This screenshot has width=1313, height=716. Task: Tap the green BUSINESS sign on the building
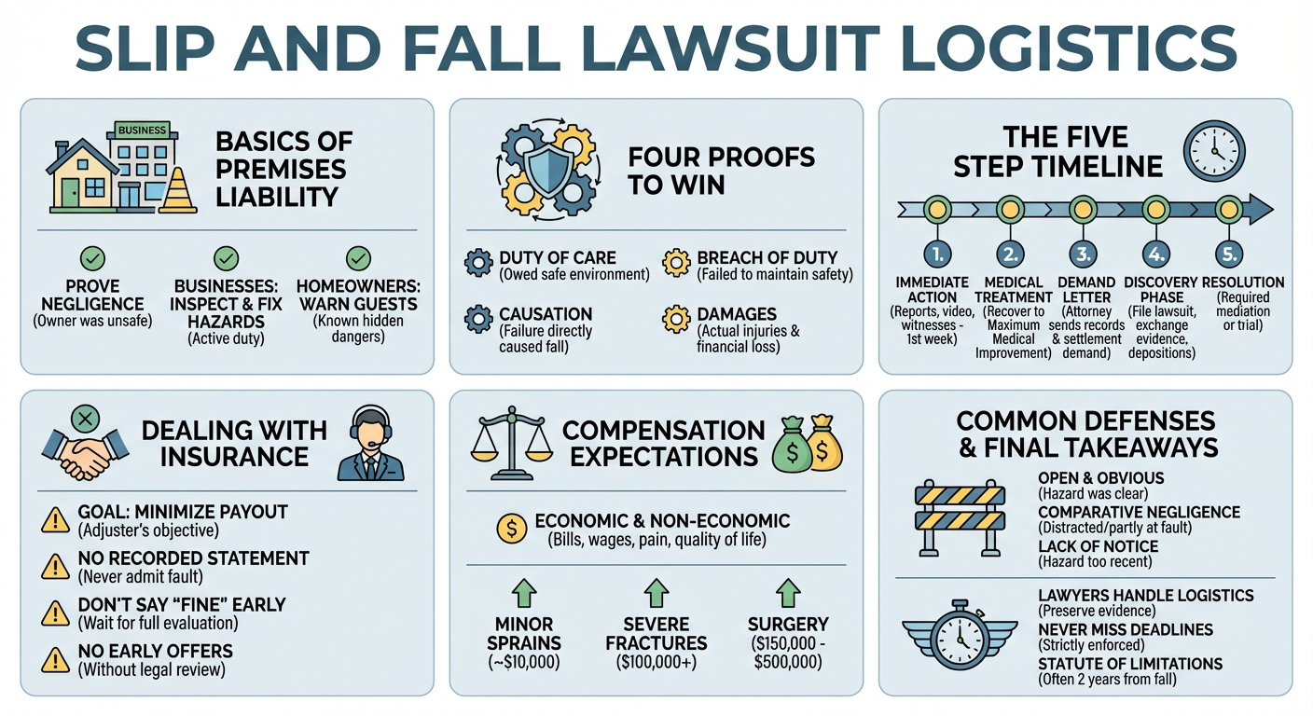tap(143, 131)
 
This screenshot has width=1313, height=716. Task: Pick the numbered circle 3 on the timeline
tap(1083, 253)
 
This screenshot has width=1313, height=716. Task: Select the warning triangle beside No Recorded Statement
tap(56, 566)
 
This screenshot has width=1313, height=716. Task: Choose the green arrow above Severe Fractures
tap(656, 593)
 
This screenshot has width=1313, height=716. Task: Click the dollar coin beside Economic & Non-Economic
tap(512, 529)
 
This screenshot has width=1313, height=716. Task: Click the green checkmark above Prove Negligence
tap(93, 258)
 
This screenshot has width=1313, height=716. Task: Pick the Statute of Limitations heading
tap(1129, 664)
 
